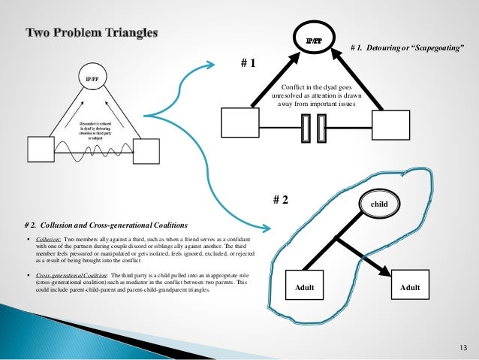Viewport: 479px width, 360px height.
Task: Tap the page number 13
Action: click(461, 347)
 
